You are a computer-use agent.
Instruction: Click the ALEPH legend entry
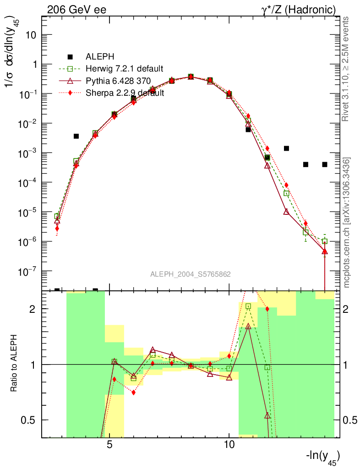tap(98, 57)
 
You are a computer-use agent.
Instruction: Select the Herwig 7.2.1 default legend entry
tap(124, 69)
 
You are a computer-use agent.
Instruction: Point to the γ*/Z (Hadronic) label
tap(299, 9)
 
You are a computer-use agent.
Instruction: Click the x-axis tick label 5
tap(110, 445)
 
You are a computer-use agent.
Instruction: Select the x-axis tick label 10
tap(229, 445)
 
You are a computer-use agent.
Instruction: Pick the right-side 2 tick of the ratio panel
tap(349, 309)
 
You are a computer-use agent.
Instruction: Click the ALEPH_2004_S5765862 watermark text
tap(190, 274)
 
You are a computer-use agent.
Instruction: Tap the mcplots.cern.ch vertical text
tap(347, 223)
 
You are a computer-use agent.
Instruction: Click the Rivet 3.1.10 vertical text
tap(347, 69)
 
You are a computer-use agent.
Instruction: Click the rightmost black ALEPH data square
tap(325, 164)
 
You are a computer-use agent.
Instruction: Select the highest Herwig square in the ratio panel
tap(248, 306)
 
